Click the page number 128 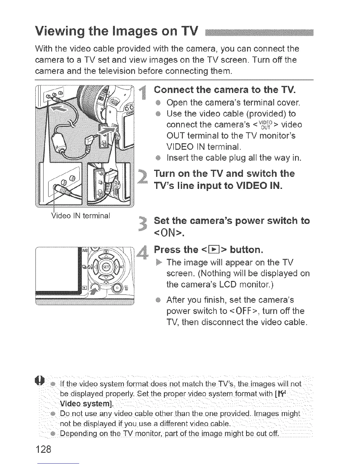43,449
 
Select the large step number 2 143,179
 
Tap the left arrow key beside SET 93,267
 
